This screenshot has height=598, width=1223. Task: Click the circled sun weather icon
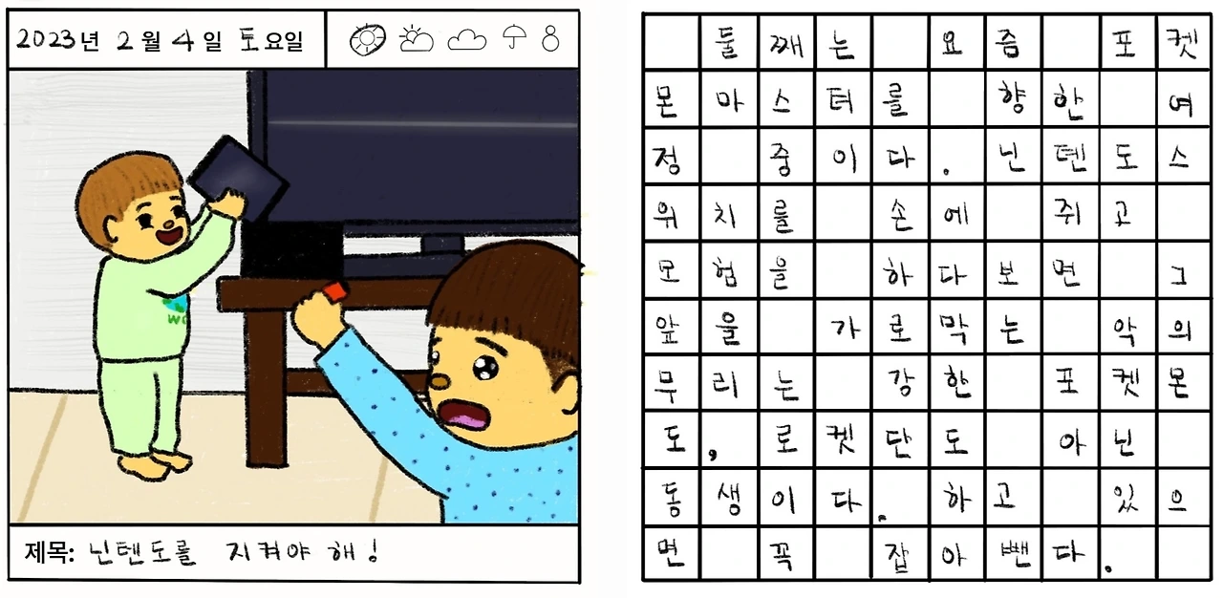coord(368,40)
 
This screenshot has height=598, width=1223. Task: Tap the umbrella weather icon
coord(514,36)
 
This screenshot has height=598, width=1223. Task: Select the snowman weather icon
coord(550,38)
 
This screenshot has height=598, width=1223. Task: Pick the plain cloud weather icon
coord(467,40)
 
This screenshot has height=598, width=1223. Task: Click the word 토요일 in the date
coord(271,40)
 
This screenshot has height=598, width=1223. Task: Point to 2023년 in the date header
coord(58,40)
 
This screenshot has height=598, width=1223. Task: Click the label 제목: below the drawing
coord(49,551)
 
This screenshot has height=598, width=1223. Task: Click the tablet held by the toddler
coord(238,178)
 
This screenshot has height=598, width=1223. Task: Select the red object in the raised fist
coord(334,290)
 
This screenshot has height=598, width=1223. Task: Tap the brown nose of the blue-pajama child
coord(438,381)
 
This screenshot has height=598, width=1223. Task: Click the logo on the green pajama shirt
coord(177,309)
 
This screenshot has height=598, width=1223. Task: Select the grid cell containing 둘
coord(728,42)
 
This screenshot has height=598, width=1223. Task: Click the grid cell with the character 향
coord(1013,99)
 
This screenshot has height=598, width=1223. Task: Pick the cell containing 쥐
coord(1070,213)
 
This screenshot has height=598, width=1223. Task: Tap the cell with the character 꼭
coord(786,553)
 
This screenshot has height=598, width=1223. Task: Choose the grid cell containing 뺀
coord(1013,553)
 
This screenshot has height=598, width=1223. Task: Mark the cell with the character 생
coord(728,497)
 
